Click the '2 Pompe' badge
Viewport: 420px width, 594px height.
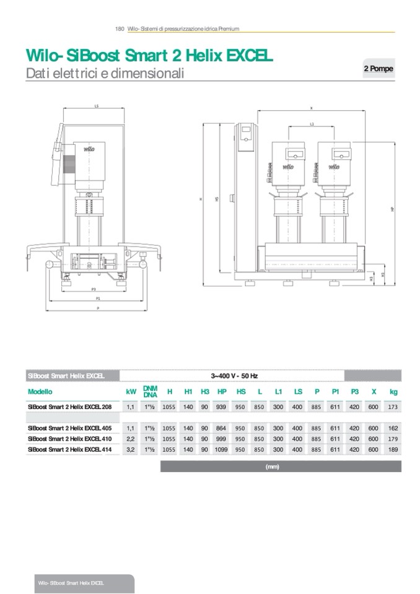click(378, 69)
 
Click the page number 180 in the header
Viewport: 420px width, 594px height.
click(120, 28)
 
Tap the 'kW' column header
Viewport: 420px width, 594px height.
click(131, 392)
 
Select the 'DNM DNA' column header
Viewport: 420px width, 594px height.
click(150, 392)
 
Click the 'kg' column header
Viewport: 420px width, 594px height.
click(393, 392)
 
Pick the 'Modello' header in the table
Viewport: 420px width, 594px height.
click(40, 392)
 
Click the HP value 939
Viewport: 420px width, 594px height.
click(222, 408)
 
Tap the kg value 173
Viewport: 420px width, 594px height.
click(393, 408)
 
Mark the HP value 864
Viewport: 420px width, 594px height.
click(222, 428)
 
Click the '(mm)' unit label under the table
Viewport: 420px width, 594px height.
click(273, 466)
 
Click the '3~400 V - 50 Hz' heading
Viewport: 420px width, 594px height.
click(234, 375)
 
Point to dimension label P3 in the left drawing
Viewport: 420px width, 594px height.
click(94, 289)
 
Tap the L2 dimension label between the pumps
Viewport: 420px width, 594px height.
click(312, 124)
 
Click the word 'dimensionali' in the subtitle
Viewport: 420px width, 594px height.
click(149, 74)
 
